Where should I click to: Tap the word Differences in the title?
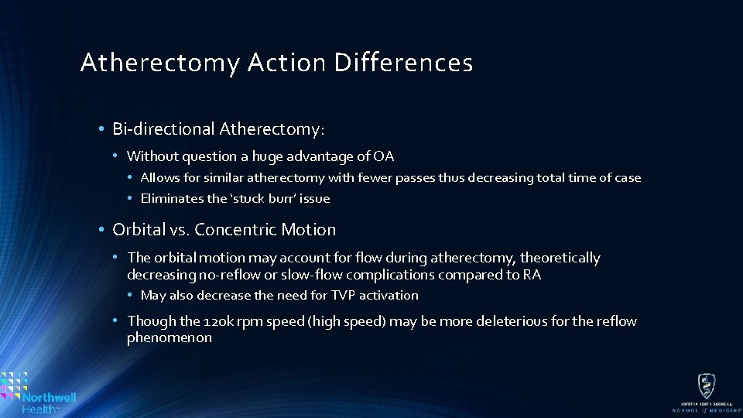(403, 63)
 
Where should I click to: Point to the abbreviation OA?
(384, 156)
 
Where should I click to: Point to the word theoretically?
(560, 258)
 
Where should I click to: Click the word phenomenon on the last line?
(169, 337)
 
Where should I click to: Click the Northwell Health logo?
(39, 392)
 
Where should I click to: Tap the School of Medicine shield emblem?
(705, 385)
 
